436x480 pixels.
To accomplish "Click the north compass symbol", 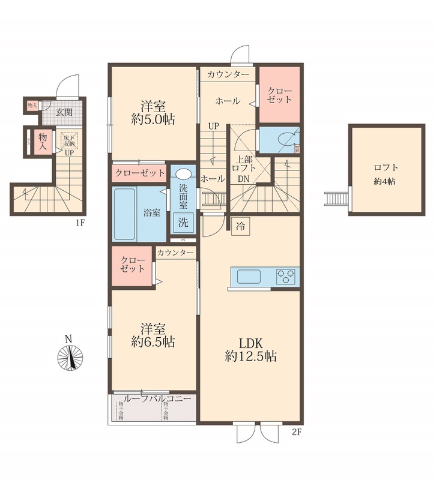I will pyautogui.click(x=71, y=358).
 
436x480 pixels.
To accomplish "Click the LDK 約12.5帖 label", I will pyautogui.click(x=250, y=350).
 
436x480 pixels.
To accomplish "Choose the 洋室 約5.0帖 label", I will pyautogui.click(x=153, y=112).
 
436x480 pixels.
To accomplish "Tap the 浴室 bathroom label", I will pyautogui.click(x=151, y=212).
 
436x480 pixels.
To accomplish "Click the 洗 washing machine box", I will pyautogui.click(x=183, y=221).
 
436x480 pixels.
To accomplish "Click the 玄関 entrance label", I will pyautogui.click(x=64, y=112).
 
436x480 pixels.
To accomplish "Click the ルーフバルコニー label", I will pyautogui.click(x=156, y=398).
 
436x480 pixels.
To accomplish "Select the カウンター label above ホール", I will pyautogui.click(x=228, y=74).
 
